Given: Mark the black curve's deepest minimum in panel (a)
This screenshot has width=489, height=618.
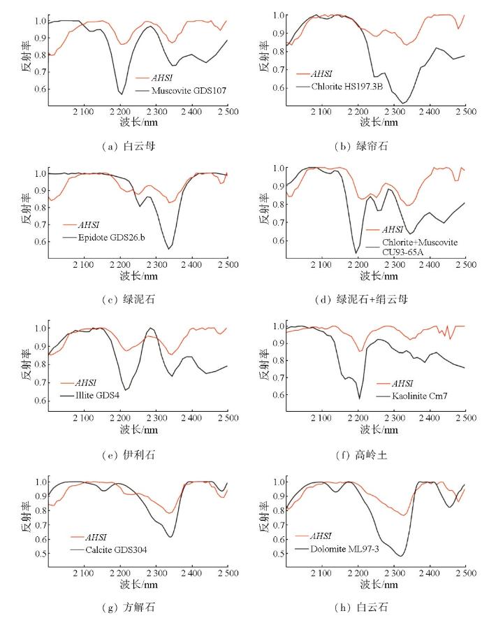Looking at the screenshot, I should coord(122,94).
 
